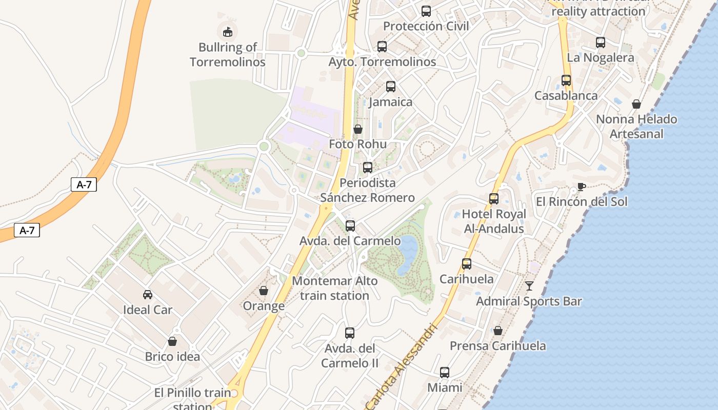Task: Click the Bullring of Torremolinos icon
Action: (227, 32)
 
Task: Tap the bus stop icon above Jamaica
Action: (391, 87)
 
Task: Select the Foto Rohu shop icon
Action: (358, 129)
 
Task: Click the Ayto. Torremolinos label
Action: (382, 62)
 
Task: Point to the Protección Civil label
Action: (426, 26)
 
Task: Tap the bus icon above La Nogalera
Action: (601, 43)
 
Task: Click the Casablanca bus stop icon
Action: (566, 80)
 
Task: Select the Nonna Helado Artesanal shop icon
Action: (636, 105)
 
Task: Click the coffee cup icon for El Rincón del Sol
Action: (581, 187)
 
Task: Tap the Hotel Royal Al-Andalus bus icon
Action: (494, 199)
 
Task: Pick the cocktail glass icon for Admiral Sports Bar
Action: (529, 286)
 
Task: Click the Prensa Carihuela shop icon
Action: (497, 331)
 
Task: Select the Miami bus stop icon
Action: (445, 373)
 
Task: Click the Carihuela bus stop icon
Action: (467, 264)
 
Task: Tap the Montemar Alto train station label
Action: (335, 288)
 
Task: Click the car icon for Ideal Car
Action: (148, 295)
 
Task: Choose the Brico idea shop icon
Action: (172, 341)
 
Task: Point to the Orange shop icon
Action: (264, 291)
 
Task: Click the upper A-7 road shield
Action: (84, 185)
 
